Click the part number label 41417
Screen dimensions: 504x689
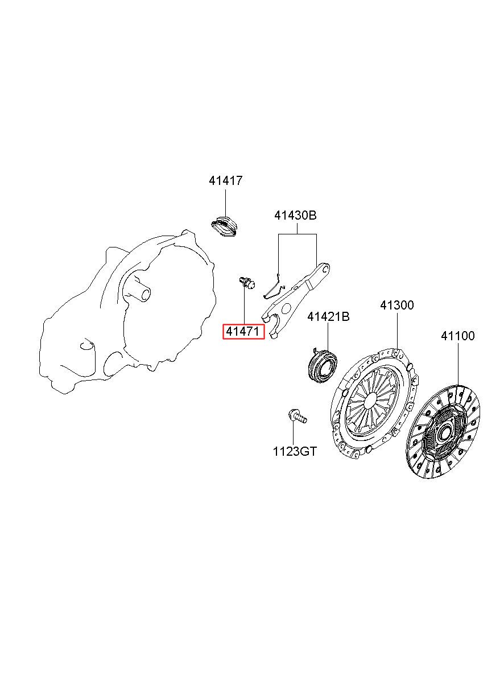(x=225, y=180)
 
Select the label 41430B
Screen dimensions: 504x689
(x=295, y=215)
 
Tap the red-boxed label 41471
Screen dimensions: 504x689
(x=243, y=332)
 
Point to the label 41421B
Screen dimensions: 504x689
(x=328, y=316)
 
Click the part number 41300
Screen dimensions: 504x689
(x=396, y=305)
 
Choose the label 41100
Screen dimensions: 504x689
(x=457, y=336)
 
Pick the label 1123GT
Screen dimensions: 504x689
(x=295, y=452)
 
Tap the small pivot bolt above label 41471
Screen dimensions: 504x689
(x=247, y=283)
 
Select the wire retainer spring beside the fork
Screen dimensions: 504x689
(x=274, y=287)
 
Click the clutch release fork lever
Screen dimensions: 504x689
(x=295, y=300)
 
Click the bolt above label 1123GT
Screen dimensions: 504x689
(x=298, y=416)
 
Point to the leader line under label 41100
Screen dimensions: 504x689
(x=457, y=364)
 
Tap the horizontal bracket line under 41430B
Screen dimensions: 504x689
(x=298, y=234)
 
